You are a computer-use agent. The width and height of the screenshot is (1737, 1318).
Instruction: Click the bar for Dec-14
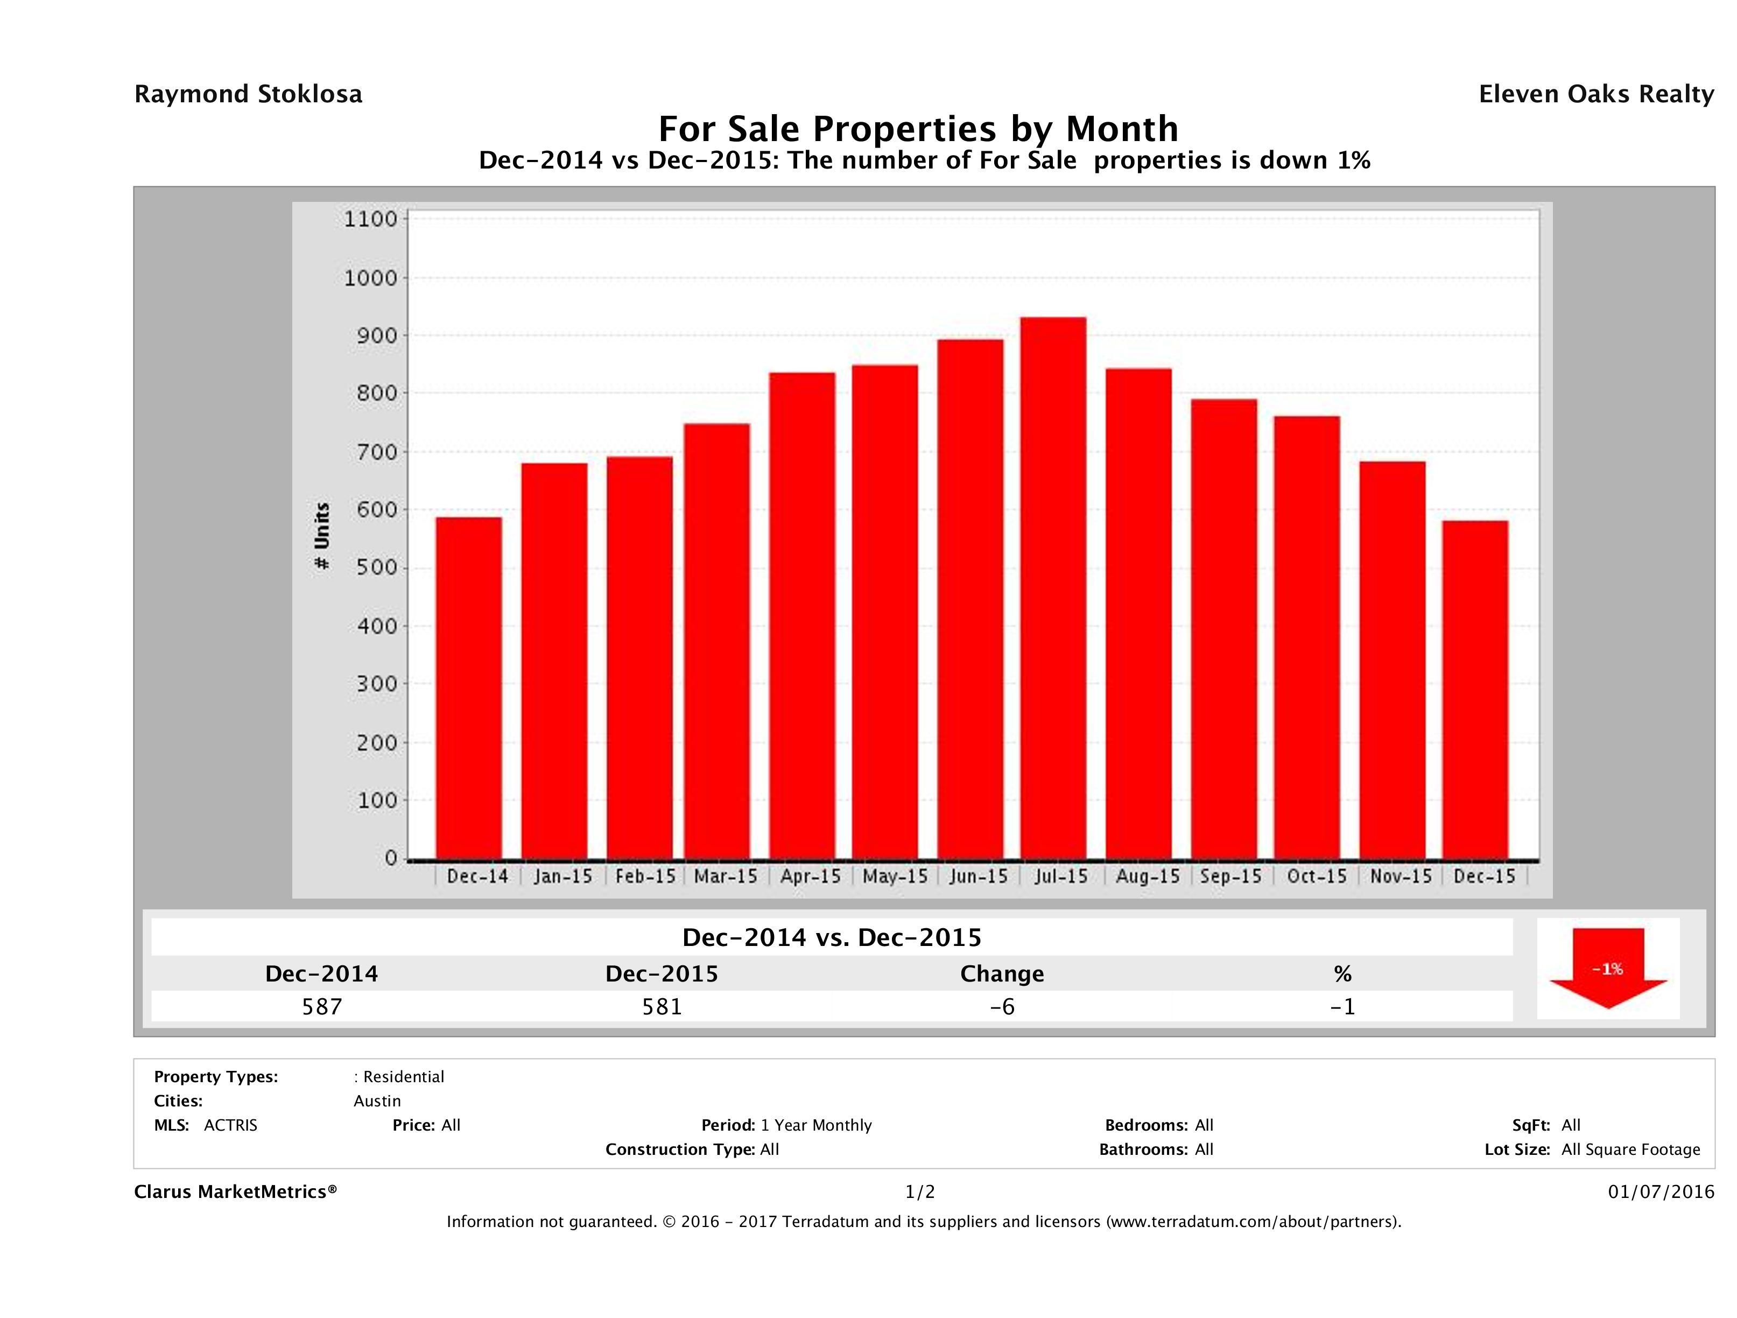(469, 688)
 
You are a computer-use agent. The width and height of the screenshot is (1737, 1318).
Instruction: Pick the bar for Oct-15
(1307, 637)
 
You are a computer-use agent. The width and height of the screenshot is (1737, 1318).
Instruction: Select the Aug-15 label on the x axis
(1147, 876)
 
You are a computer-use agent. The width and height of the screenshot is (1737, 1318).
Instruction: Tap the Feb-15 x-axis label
(645, 876)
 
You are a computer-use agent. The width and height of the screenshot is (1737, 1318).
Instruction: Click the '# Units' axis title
(322, 536)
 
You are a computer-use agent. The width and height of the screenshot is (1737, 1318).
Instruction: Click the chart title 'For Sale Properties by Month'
(917, 128)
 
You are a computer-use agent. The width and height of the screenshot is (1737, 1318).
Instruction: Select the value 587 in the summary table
(322, 1006)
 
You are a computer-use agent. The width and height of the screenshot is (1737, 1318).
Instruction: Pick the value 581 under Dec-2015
(662, 1006)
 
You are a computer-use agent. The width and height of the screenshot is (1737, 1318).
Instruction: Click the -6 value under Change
(1002, 1006)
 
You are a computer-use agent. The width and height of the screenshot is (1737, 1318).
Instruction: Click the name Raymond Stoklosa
(248, 94)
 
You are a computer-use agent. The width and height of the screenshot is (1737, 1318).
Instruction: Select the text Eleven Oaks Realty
(1595, 94)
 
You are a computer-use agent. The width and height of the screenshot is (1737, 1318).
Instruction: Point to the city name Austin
(377, 1101)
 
